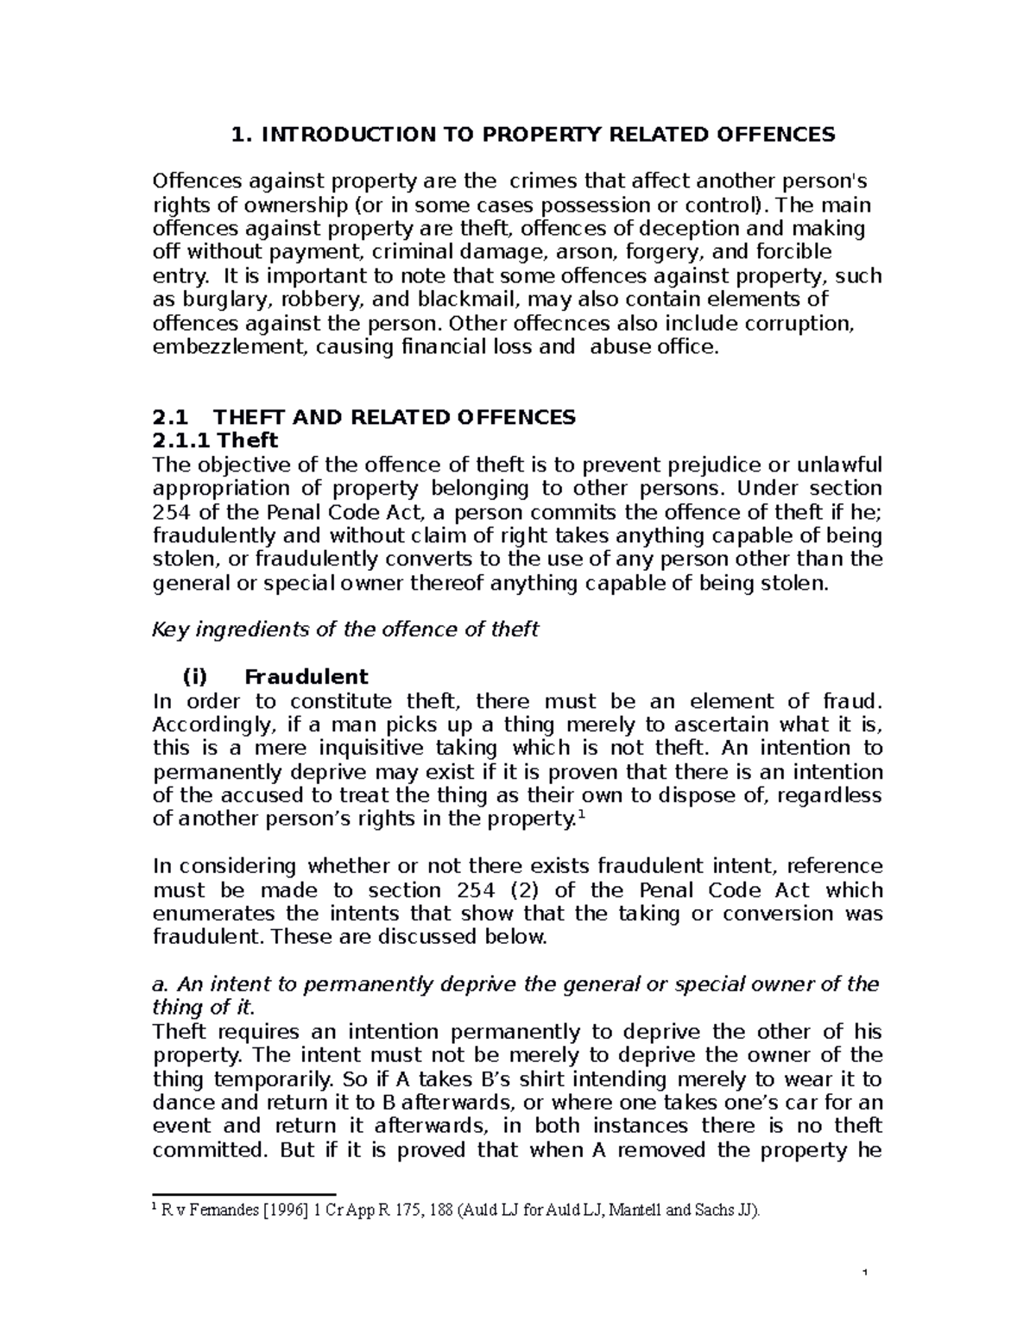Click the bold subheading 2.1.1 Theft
coord(215,440)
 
